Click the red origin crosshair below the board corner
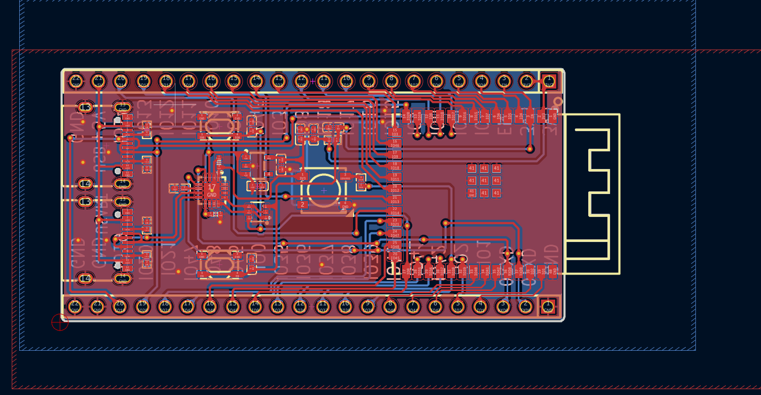click(60, 322)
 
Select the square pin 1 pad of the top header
click(549, 81)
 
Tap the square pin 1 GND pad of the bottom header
click(548, 306)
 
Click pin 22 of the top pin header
click(76, 81)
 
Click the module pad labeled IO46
click(395, 142)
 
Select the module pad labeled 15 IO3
click(395, 131)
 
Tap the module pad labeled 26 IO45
click(395, 256)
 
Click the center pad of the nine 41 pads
click(484, 181)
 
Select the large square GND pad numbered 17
click(212, 190)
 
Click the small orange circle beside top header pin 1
click(558, 101)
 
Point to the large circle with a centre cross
click(323, 190)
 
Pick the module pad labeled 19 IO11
click(395, 176)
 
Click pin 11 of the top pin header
click(323, 81)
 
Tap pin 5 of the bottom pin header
click(458, 306)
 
